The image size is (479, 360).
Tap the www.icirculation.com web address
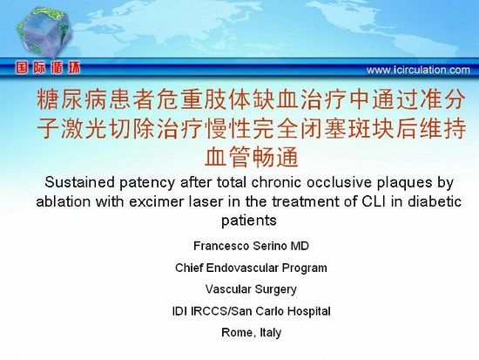(418, 70)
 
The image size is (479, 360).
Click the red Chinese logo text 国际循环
(48, 68)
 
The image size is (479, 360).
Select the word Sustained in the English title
(79, 182)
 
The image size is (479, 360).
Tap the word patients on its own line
(249, 221)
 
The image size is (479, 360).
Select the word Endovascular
(242, 268)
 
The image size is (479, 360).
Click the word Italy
(270, 333)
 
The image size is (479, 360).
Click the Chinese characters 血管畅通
(251, 156)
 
